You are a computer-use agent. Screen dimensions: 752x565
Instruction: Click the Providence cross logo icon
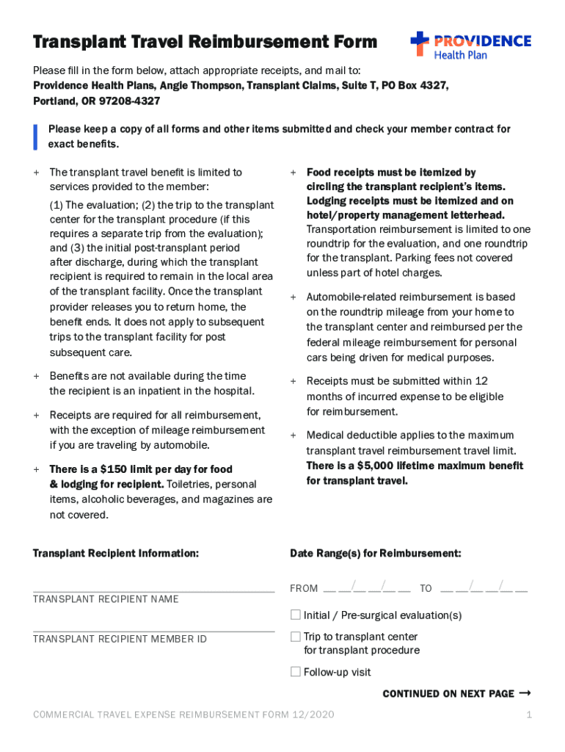pyautogui.click(x=420, y=43)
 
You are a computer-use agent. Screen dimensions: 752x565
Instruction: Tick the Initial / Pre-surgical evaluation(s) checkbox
pyautogui.click(x=296, y=615)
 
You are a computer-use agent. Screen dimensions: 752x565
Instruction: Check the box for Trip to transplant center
pyautogui.click(x=296, y=637)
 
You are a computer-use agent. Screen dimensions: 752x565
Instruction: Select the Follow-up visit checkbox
pyautogui.click(x=296, y=671)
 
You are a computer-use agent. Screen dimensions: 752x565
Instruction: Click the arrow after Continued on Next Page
pyautogui.click(x=525, y=693)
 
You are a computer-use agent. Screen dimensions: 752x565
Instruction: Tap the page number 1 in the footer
pyautogui.click(x=528, y=715)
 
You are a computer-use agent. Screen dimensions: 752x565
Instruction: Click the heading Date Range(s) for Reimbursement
pyautogui.click(x=375, y=553)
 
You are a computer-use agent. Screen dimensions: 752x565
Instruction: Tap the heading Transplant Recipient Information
pyautogui.click(x=115, y=553)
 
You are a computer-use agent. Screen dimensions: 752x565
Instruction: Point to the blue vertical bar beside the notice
pyautogui.click(x=35, y=136)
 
